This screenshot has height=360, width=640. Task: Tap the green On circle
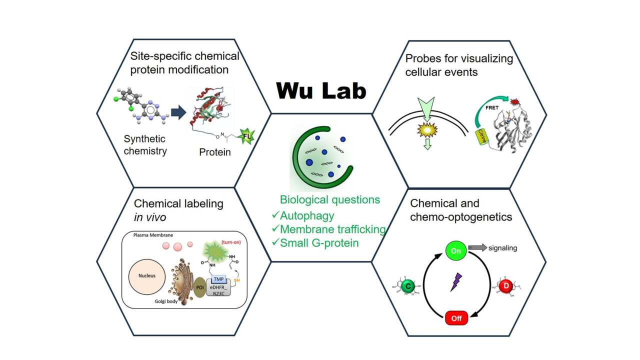click(455, 250)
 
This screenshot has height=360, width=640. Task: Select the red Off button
click(455, 318)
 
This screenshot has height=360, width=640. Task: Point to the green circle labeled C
click(407, 286)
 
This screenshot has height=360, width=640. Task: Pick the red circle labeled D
click(505, 286)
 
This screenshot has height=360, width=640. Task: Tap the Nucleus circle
click(147, 275)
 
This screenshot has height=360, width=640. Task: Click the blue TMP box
click(218, 279)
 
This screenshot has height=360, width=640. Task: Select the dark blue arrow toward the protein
click(178, 112)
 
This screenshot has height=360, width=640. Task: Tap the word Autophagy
click(306, 216)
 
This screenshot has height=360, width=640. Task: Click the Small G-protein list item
click(319, 243)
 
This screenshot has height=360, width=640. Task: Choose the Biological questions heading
click(329, 200)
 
